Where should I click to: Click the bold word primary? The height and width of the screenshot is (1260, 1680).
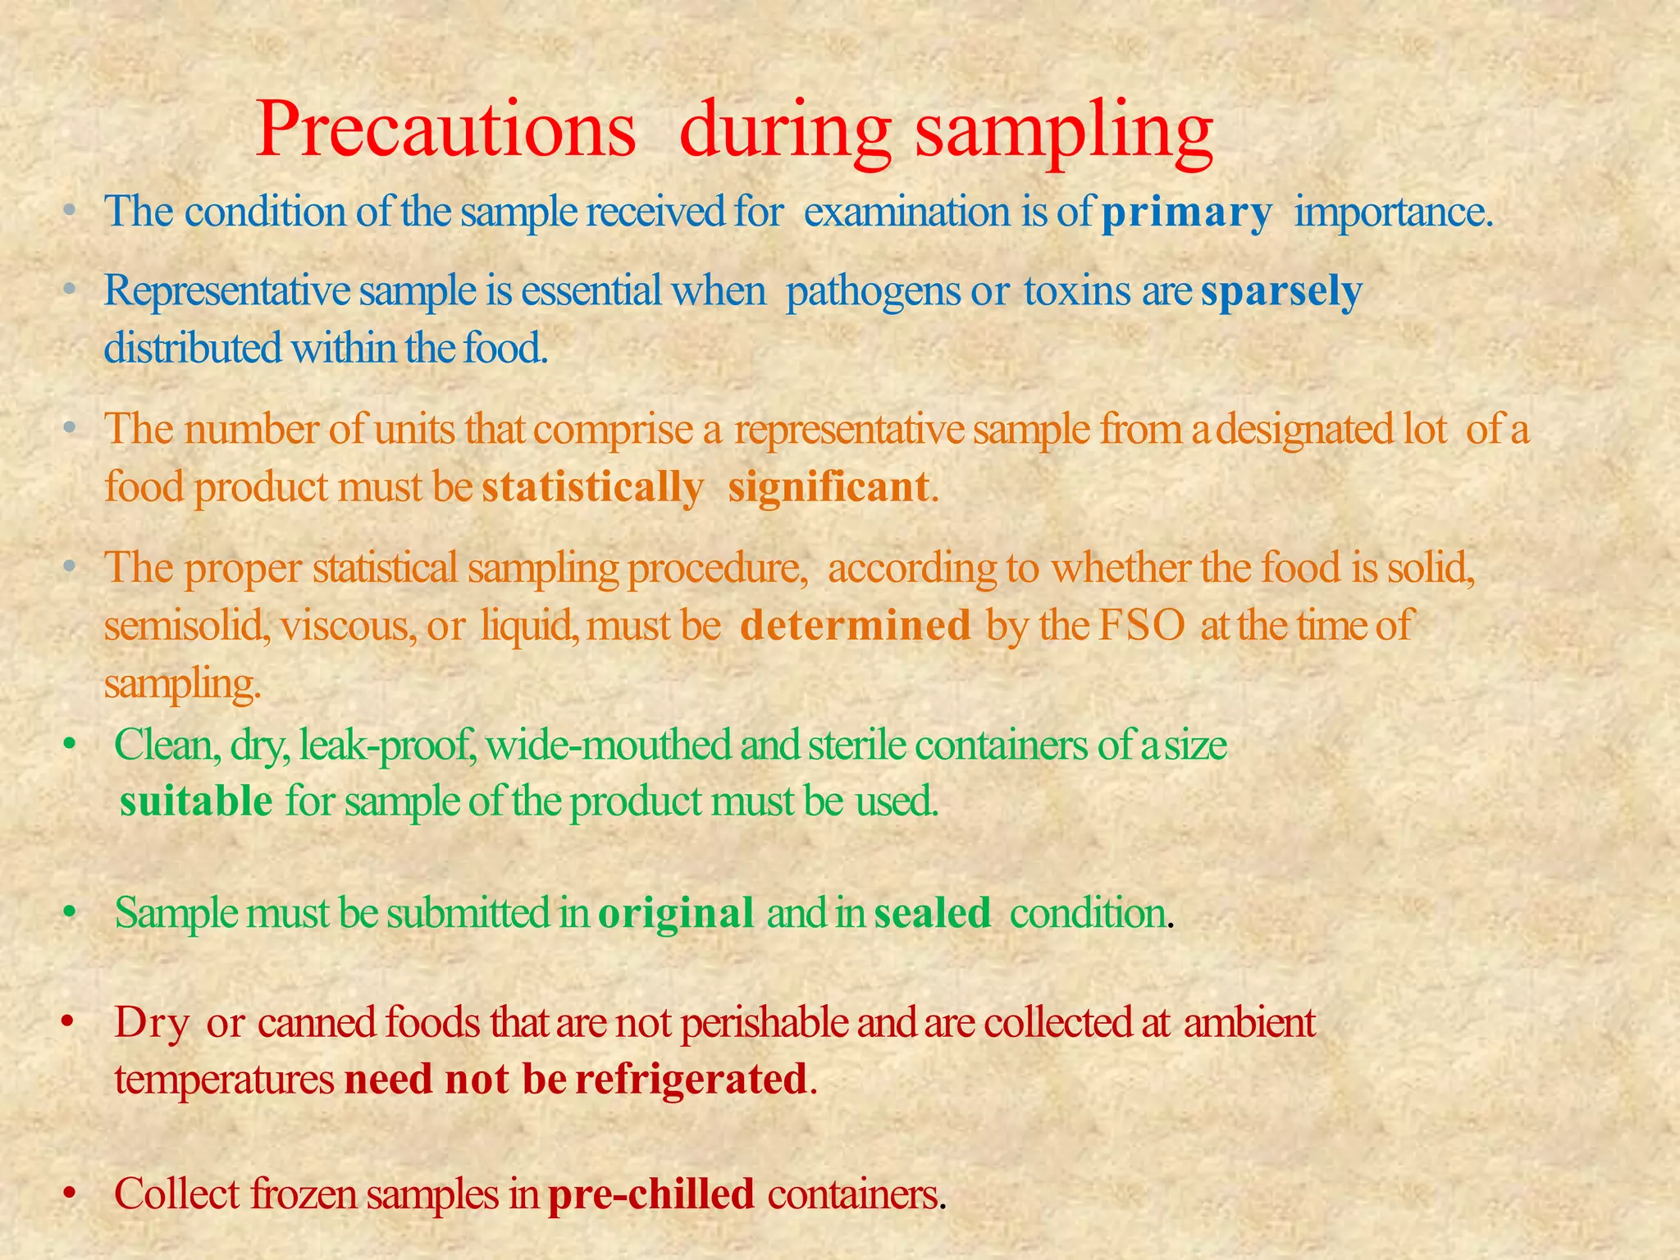(x=1185, y=212)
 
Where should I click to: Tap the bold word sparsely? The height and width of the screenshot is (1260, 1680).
(x=1281, y=291)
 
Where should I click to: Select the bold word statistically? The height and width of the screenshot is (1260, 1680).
(x=592, y=487)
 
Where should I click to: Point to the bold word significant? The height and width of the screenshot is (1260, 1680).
(x=829, y=487)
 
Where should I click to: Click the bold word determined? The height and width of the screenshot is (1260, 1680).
(x=856, y=626)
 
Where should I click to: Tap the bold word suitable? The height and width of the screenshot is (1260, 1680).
(x=196, y=801)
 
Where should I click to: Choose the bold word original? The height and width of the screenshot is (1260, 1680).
(x=676, y=913)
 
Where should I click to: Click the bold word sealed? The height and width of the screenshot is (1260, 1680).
(x=933, y=913)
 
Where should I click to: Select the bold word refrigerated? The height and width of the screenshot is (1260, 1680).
(x=692, y=1080)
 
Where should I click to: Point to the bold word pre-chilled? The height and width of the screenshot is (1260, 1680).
(x=651, y=1194)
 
